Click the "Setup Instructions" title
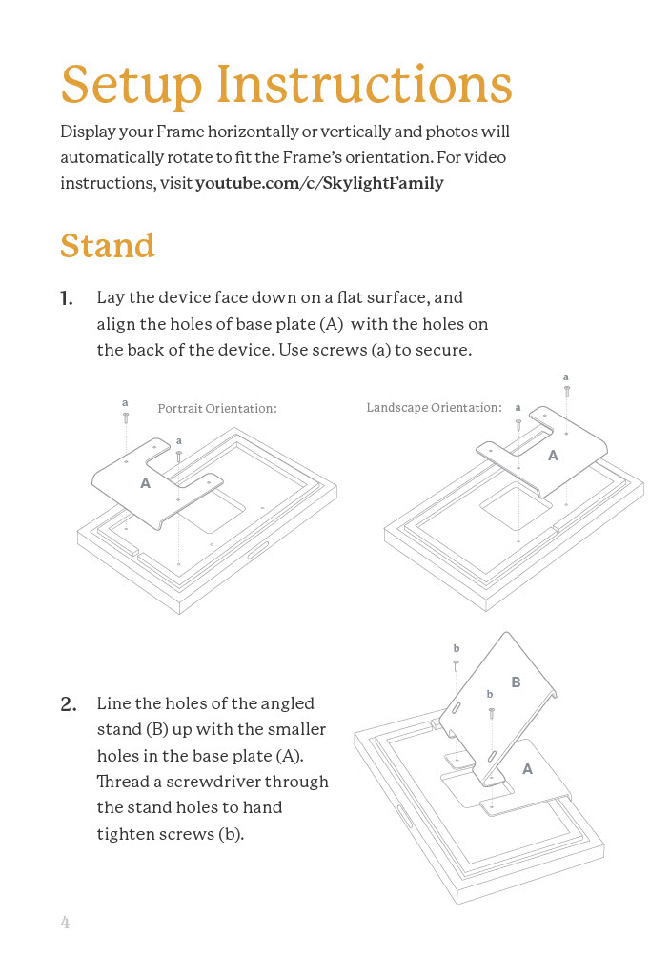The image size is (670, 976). tap(286, 85)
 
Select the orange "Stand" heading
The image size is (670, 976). tap(107, 246)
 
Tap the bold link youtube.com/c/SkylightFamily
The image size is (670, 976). tap(319, 183)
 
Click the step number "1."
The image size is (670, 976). tap(67, 299)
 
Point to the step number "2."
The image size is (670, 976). tap(68, 705)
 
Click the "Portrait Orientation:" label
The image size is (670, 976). tap(216, 409)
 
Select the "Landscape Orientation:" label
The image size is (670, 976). tap(434, 408)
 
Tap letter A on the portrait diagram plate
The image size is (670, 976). tap(145, 483)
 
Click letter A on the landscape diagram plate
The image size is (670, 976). tap(553, 457)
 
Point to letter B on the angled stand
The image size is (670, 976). tap(516, 682)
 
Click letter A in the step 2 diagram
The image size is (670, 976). tap(527, 768)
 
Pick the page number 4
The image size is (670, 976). tap(65, 923)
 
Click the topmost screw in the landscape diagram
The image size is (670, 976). tap(567, 390)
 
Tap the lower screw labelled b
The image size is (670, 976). tap(491, 712)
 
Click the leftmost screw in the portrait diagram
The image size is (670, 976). tap(126, 417)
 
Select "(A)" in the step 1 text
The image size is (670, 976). tap(324, 324)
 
